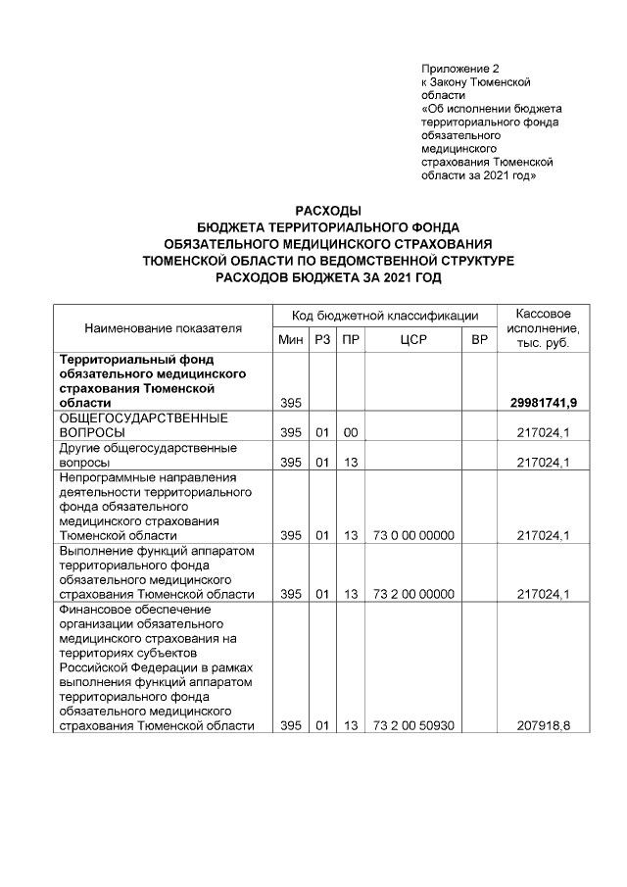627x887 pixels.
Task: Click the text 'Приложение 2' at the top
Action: [x=459, y=70]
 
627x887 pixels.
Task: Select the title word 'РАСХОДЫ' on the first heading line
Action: [x=328, y=211]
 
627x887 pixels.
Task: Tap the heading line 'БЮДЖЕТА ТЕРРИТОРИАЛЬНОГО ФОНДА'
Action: [x=328, y=227]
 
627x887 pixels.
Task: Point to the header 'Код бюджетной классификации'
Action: [x=385, y=316]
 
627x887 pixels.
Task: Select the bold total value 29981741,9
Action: [x=544, y=403]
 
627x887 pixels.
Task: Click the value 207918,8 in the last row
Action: [x=546, y=726]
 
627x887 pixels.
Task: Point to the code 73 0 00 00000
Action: [x=411, y=535]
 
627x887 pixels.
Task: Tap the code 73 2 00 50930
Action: [x=411, y=726]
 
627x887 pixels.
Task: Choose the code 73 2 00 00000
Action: [x=411, y=593]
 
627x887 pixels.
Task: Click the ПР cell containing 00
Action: [x=349, y=432]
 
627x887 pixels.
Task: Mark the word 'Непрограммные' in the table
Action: [x=103, y=477]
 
